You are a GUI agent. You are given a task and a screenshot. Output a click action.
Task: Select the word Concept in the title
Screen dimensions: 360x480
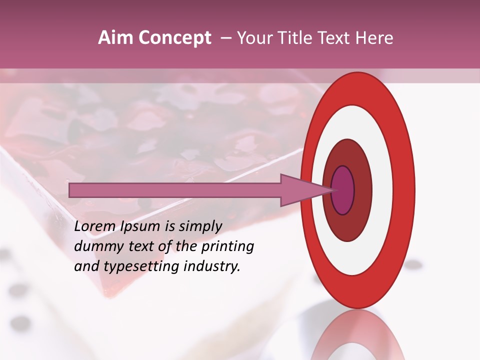[x=174, y=38]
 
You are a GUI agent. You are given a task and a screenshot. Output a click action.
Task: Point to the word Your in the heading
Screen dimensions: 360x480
[x=253, y=38]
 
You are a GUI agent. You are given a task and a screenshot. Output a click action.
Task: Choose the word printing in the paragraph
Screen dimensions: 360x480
[x=229, y=247]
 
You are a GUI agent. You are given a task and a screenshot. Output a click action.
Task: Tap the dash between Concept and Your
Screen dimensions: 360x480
[x=226, y=38]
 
